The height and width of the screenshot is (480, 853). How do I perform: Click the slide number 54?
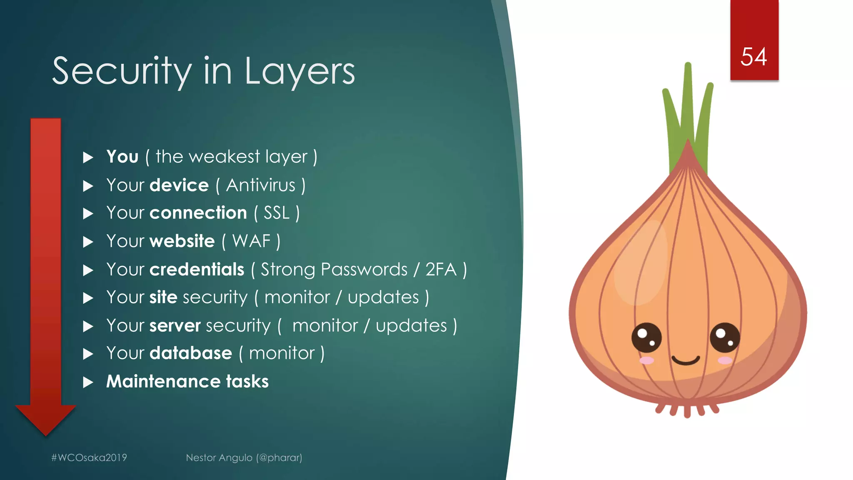click(x=753, y=57)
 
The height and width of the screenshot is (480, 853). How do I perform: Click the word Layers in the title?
click(x=299, y=72)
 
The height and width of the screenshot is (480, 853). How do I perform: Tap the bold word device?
click(x=179, y=185)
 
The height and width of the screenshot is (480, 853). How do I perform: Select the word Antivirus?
click(x=261, y=185)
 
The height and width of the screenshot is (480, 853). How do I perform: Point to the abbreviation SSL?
click(x=277, y=213)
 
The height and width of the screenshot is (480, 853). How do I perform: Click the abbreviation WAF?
click(x=252, y=241)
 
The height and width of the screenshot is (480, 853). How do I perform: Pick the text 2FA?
click(x=441, y=270)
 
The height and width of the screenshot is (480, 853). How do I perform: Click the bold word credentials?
click(x=197, y=270)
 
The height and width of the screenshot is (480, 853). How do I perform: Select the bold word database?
click(x=191, y=353)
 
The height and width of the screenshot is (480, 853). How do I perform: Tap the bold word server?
click(x=175, y=325)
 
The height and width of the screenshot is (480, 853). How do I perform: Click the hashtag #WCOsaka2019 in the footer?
click(x=89, y=457)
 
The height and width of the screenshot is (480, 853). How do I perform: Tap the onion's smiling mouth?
click(x=686, y=360)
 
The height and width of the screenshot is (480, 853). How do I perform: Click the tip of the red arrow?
click(x=46, y=434)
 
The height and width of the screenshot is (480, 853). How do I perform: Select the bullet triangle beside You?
click(x=88, y=157)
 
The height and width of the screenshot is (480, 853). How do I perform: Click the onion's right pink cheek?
click(x=725, y=360)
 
